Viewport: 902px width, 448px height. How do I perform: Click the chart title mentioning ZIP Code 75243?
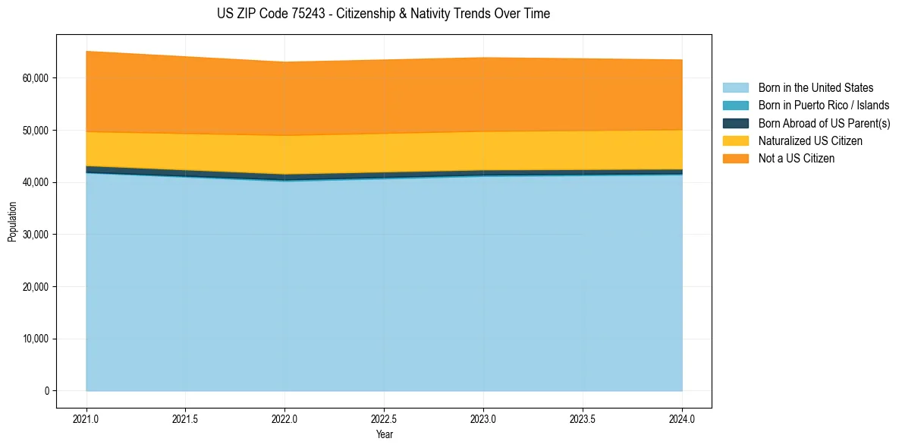tap(383, 14)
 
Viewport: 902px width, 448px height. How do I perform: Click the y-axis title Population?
tap(12, 222)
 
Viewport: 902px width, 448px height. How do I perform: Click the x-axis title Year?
tap(384, 434)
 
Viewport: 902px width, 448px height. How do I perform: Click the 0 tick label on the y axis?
tap(46, 391)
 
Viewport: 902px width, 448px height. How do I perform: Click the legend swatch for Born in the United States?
tap(735, 88)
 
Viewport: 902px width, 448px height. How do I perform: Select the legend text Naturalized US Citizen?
tap(810, 141)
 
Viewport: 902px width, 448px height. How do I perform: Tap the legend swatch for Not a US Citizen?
tap(735, 159)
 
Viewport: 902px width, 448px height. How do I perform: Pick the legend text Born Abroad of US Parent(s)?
tap(824, 124)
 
